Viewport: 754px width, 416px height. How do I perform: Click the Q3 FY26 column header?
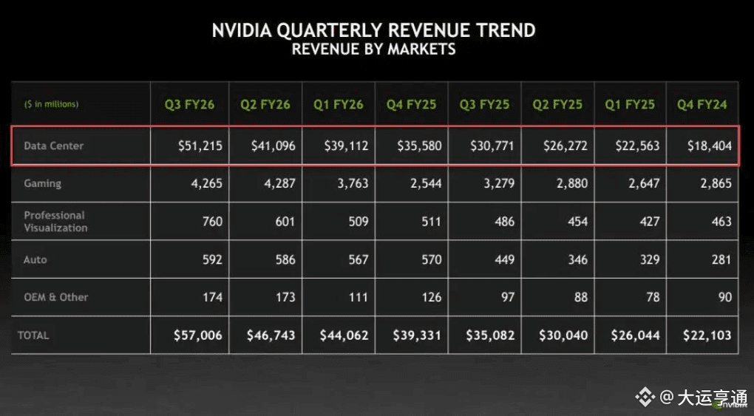[x=190, y=104]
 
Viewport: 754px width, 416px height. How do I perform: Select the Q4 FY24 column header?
[x=702, y=104]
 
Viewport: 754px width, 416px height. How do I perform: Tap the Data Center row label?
[x=53, y=146]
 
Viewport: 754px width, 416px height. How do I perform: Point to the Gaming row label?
[x=42, y=183]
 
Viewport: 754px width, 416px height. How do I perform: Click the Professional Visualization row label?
[x=55, y=221]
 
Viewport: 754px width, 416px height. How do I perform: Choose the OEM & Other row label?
[x=55, y=297]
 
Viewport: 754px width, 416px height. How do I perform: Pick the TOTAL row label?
[x=33, y=335]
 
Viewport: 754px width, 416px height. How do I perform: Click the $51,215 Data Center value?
[x=200, y=146]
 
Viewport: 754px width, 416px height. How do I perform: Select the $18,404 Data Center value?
[x=710, y=146]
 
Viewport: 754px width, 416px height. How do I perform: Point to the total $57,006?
[x=197, y=335]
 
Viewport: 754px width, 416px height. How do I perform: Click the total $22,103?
[x=707, y=335]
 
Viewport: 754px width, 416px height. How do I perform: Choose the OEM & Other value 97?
[x=506, y=297]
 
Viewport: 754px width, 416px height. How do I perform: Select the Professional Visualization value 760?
[x=211, y=221]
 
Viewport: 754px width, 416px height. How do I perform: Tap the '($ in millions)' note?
[x=51, y=104]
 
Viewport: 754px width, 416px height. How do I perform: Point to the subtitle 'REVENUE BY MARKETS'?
[x=373, y=50]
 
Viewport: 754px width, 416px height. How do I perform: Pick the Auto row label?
[x=35, y=259]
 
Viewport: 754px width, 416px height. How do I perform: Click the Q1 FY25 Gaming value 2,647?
[x=642, y=183]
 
